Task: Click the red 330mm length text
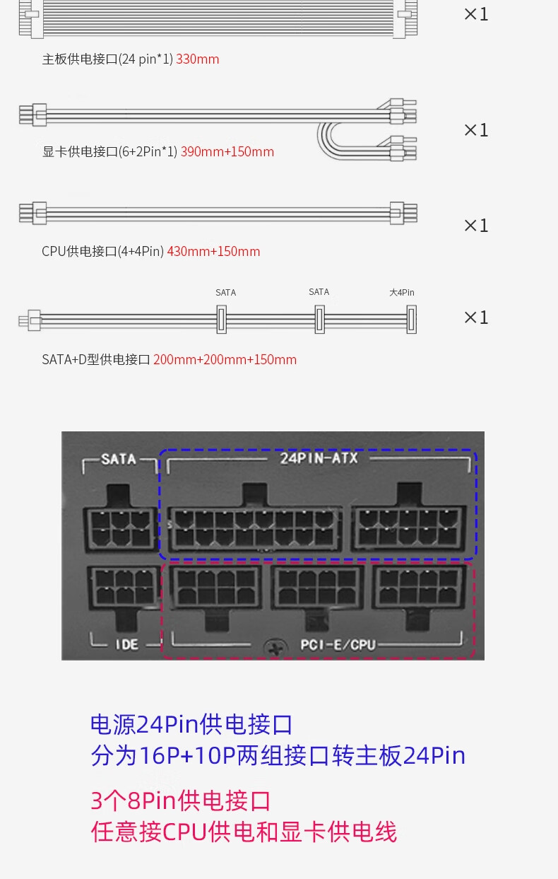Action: point(198,59)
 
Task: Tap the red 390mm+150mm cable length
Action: point(227,152)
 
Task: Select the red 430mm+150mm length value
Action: point(213,252)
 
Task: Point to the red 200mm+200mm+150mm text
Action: point(225,360)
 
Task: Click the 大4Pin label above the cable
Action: point(402,293)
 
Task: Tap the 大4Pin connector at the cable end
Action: point(411,320)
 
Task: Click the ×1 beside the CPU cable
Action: point(476,226)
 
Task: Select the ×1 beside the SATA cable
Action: point(476,318)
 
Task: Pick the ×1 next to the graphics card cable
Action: point(476,130)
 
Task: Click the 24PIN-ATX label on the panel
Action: point(319,458)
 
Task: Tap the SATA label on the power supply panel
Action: point(119,459)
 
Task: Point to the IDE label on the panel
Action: point(127,644)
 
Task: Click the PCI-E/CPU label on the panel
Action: point(338,644)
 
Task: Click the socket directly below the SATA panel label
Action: point(120,526)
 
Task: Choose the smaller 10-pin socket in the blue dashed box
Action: point(410,527)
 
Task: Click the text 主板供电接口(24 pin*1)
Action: point(107,59)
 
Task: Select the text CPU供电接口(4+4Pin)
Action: point(102,252)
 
